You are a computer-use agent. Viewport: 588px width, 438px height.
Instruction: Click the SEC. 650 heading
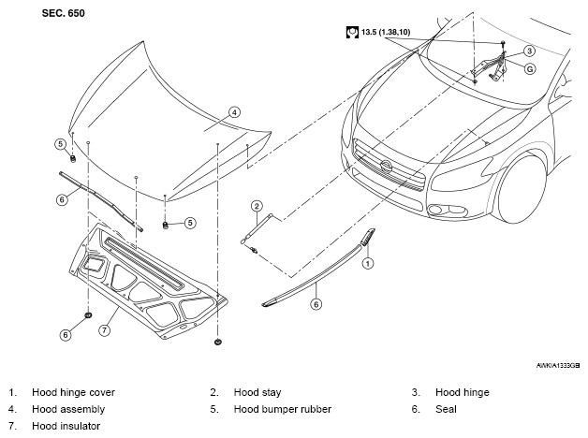pos(64,13)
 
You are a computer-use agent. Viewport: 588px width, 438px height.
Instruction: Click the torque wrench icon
pos(352,32)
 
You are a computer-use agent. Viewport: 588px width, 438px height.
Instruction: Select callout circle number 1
pos(367,263)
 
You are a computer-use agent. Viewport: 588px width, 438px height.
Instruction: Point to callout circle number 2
pos(257,206)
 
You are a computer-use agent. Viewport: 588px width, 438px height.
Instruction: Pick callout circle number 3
pos(529,51)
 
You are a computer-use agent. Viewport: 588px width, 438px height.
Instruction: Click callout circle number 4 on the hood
pos(234,112)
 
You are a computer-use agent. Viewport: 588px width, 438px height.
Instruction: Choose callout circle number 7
pos(104,330)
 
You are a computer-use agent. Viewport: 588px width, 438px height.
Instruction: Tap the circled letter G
pos(530,69)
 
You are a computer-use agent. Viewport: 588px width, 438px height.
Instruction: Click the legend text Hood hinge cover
pos(73,392)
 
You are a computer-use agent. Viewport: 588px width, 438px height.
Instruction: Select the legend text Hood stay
pos(257,392)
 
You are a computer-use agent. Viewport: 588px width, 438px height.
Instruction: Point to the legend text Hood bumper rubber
pos(283,409)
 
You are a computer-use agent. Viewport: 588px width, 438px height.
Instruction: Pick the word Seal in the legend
pos(446,409)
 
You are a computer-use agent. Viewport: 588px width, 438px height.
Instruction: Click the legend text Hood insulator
pos(66,426)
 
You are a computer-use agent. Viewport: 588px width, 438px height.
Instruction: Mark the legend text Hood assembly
pos(68,409)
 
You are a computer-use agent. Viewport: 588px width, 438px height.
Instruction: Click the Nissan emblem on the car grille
pos(386,166)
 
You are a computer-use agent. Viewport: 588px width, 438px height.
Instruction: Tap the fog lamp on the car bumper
pos(435,210)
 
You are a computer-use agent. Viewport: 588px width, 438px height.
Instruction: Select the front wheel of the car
pos(522,189)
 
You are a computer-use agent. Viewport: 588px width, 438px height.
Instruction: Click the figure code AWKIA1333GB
pos(558,366)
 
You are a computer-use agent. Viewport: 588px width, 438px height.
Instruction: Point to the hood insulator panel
pos(148,281)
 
